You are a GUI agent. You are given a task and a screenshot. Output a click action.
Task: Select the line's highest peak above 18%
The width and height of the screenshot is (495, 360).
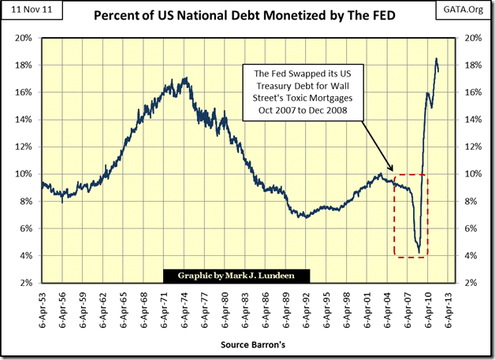pos(436,58)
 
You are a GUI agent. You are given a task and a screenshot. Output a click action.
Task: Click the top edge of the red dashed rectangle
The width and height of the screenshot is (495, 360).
pos(410,174)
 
